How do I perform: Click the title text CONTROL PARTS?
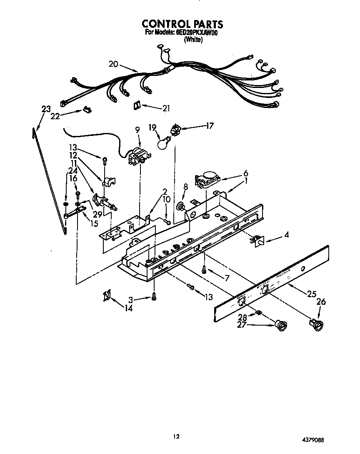point(182,24)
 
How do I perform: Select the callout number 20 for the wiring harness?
point(113,64)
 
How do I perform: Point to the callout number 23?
point(46,109)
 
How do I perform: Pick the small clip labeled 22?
point(87,110)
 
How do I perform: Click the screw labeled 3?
point(154,296)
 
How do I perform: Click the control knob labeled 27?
point(280,325)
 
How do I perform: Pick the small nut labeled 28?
point(259,313)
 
